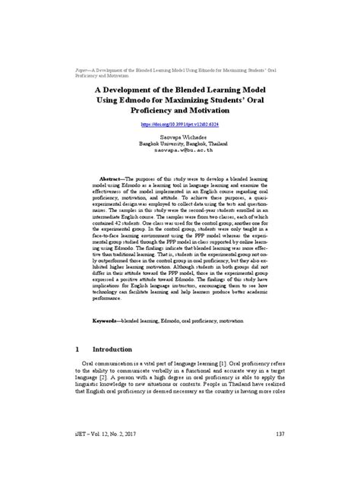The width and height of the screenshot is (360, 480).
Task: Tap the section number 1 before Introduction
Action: pos(77,349)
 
